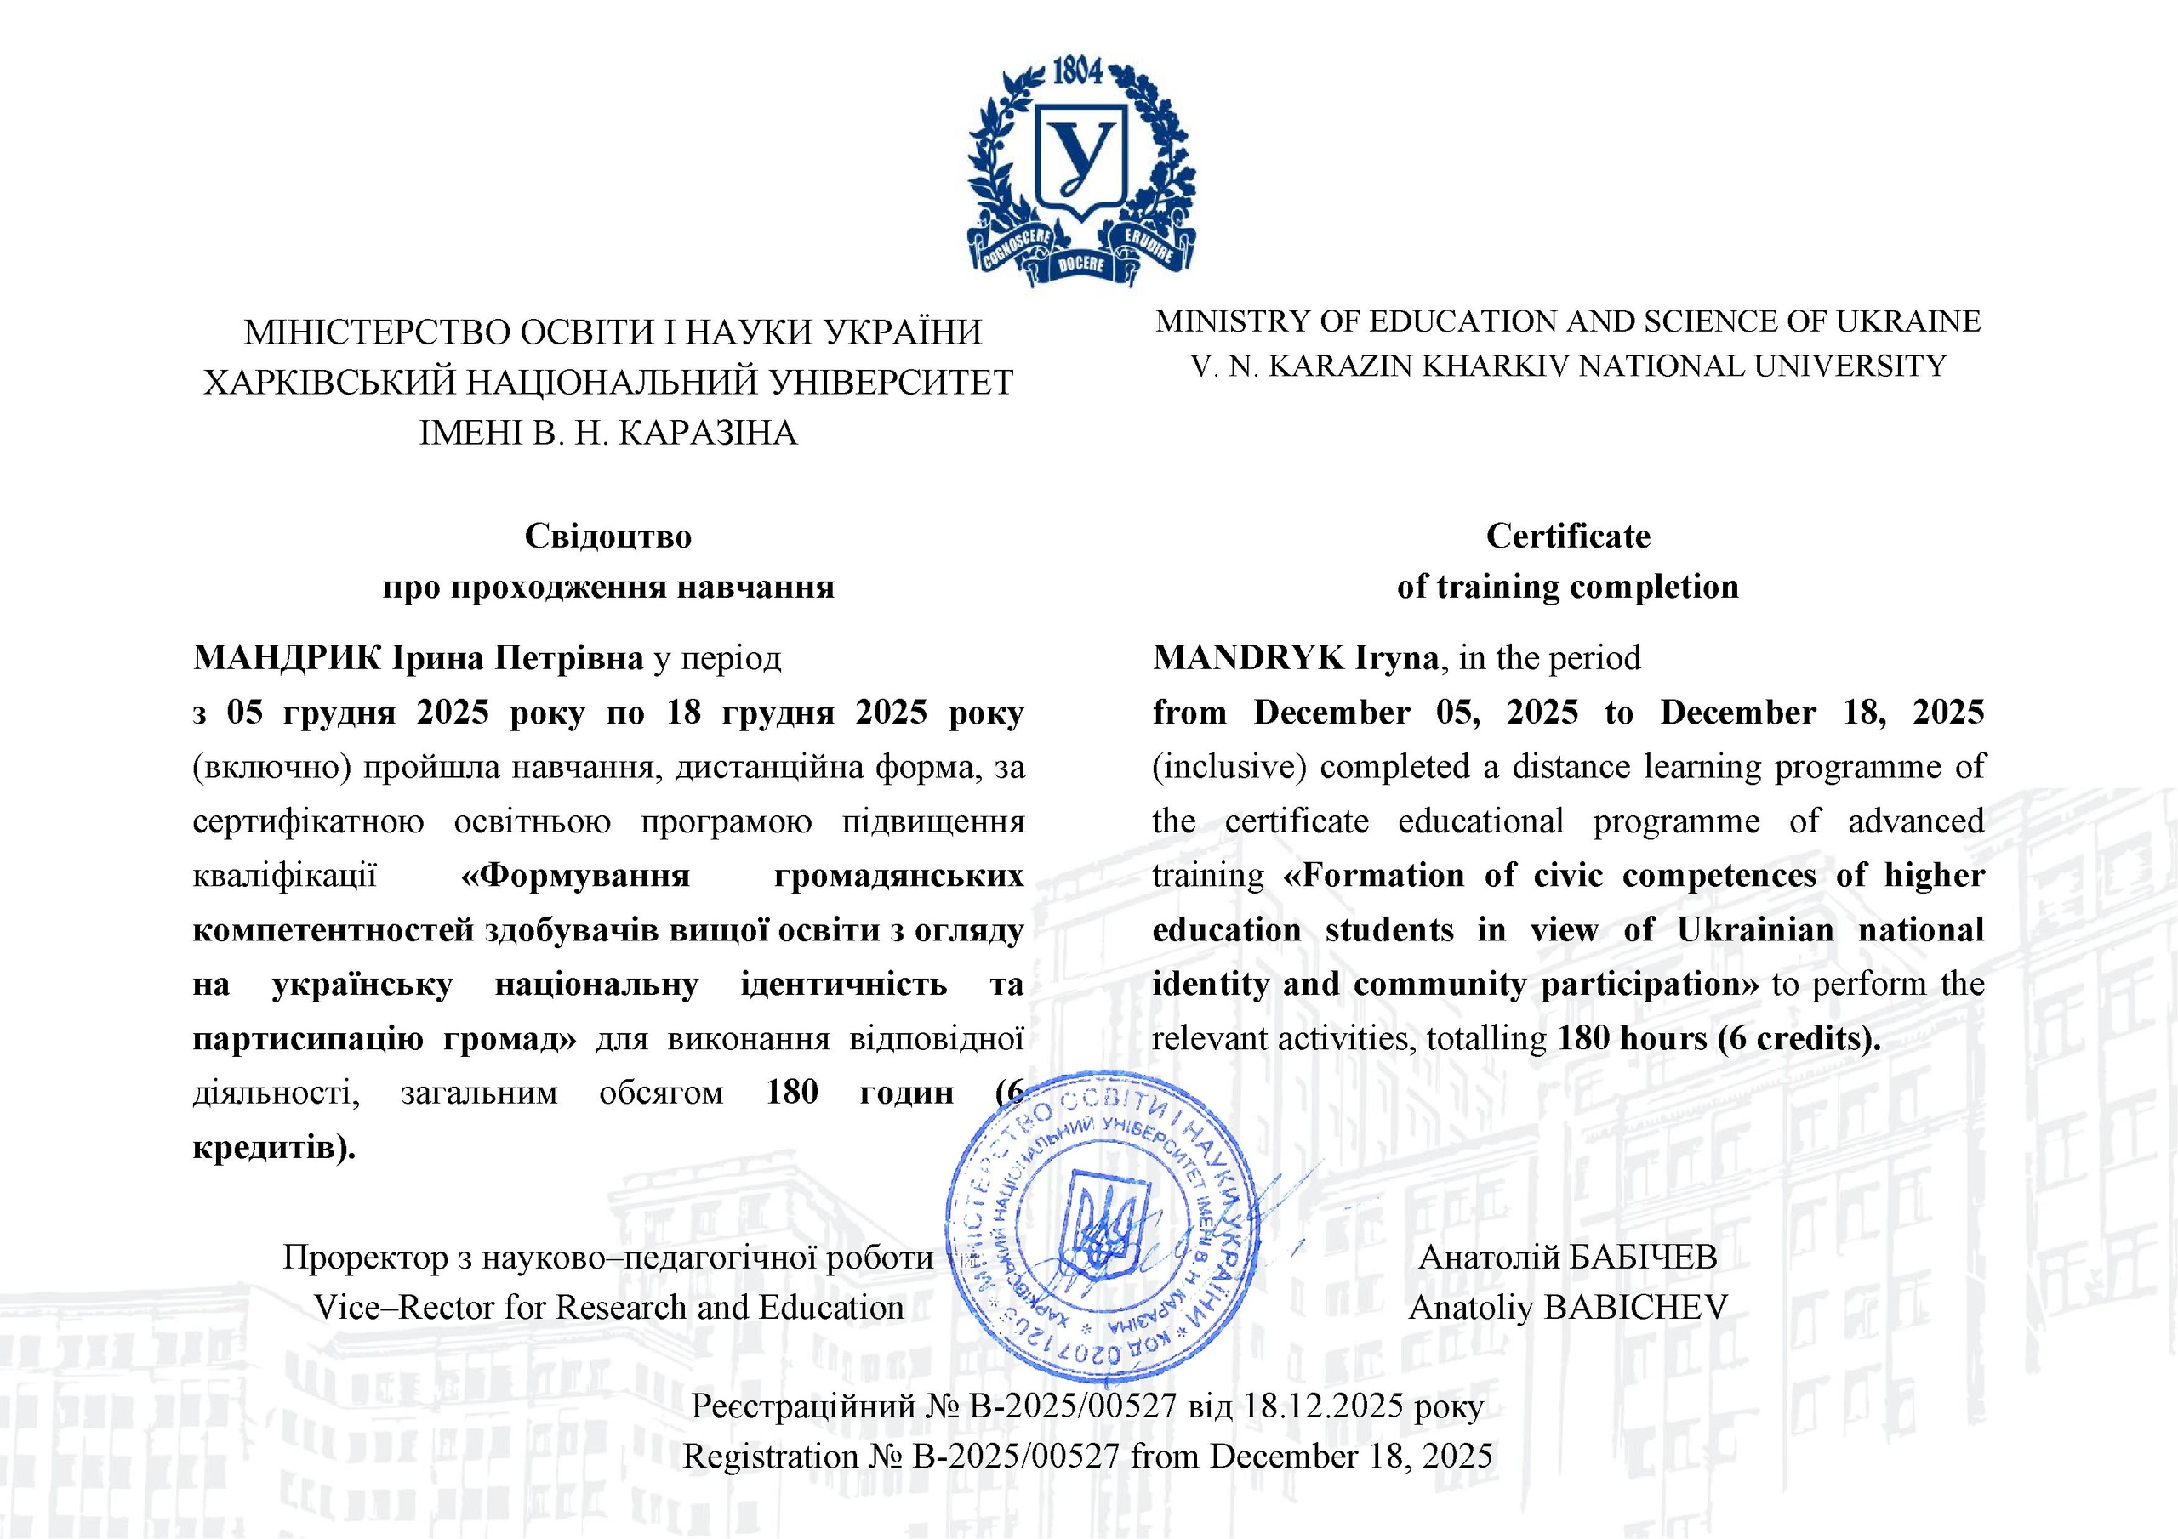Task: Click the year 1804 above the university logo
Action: pyautogui.click(x=1079, y=71)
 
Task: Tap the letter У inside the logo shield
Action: pyautogui.click(x=1081, y=156)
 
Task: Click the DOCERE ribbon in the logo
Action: pyautogui.click(x=1081, y=264)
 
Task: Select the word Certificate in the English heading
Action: pyautogui.click(x=1568, y=536)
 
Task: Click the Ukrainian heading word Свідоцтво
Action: pyautogui.click(x=608, y=536)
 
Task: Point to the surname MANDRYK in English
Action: pyautogui.click(x=1247, y=657)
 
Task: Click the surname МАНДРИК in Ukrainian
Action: pyautogui.click(x=287, y=657)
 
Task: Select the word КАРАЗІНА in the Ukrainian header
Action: pyautogui.click(x=708, y=433)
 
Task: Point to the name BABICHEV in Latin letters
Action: pyautogui.click(x=1635, y=1308)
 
